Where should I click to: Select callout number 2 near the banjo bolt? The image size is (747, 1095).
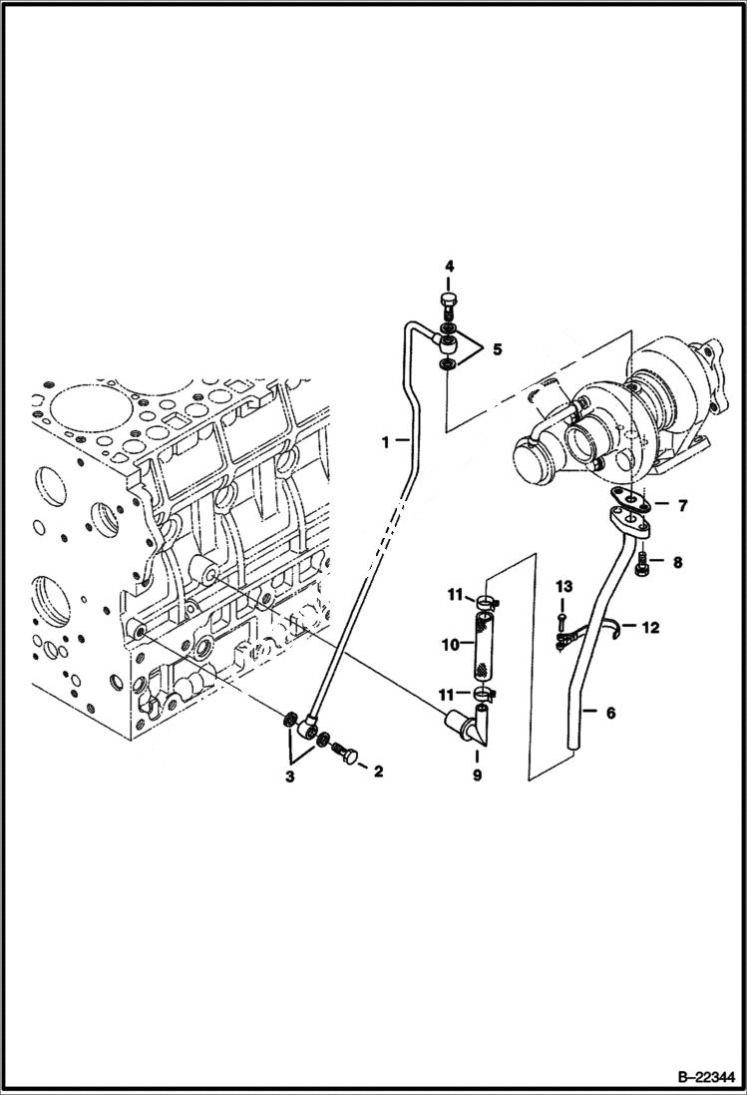[378, 771]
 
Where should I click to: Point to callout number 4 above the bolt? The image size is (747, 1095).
[449, 267]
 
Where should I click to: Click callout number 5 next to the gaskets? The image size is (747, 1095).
[497, 350]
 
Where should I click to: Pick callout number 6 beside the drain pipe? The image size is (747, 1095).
[610, 713]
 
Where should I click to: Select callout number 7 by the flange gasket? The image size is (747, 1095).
[681, 507]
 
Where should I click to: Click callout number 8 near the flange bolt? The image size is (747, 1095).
[676, 563]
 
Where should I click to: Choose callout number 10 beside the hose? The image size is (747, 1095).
[450, 645]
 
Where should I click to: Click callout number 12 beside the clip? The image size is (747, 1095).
[650, 628]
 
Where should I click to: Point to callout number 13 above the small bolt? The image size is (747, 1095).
[562, 584]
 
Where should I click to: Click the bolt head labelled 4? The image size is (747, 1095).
[449, 303]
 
